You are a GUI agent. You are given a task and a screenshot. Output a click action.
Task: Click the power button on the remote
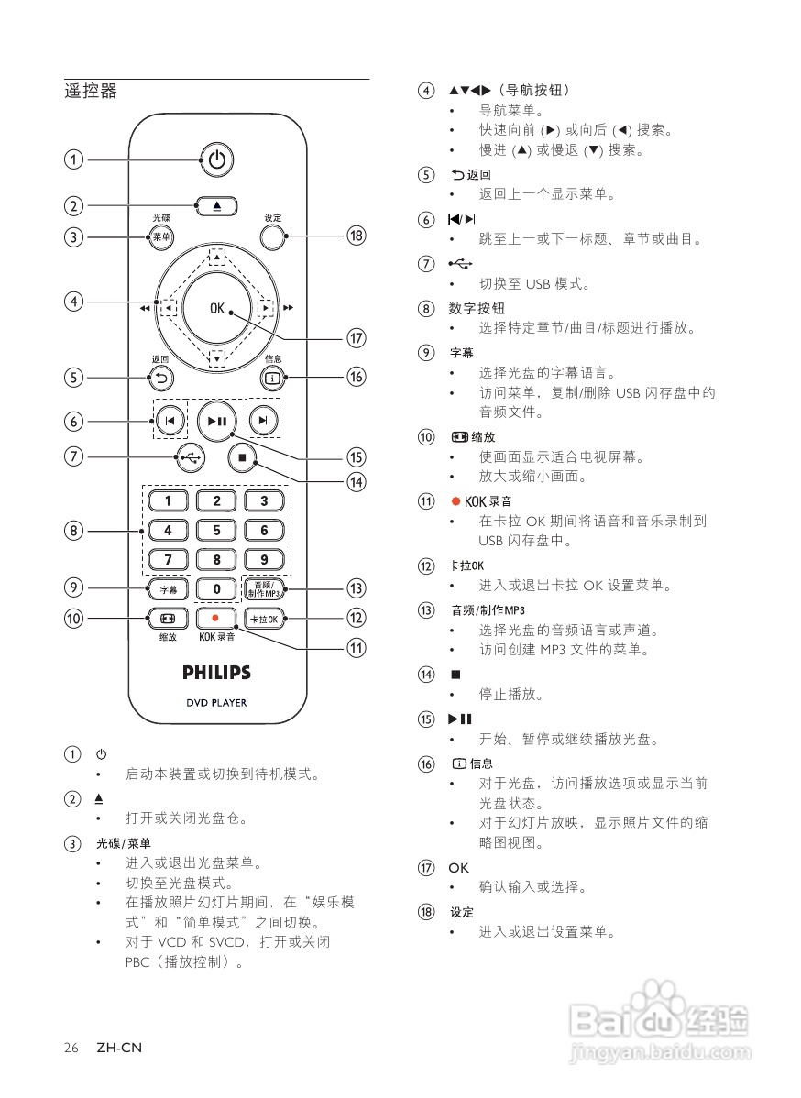pyautogui.click(x=216, y=160)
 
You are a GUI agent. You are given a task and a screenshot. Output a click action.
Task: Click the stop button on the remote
pyautogui.click(x=242, y=456)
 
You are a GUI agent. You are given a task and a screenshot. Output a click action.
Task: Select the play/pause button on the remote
pyautogui.click(x=216, y=421)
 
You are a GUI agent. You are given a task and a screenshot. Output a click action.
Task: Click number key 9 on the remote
pyautogui.click(x=264, y=559)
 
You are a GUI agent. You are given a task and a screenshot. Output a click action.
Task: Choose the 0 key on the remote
pyautogui.click(x=216, y=588)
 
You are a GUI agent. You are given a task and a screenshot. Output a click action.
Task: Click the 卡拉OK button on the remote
pyautogui.click(x=264, y=619)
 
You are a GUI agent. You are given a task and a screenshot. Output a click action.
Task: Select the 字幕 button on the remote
pyautogui.click(x=168, y=588)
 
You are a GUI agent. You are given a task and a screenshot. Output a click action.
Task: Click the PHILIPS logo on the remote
pyautogui.click(x=216, y=673)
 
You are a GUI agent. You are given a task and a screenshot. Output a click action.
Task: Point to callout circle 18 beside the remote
pyautogui.click(x=356, y=236)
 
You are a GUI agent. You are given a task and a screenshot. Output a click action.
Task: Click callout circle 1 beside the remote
pyautogui.click(x=73, y=160)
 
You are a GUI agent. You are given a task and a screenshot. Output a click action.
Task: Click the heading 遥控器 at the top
pyautogui.click(x=91, y=92)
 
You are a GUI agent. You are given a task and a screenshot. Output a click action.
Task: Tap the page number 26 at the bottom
pyautogui.click(x=71, y=1047)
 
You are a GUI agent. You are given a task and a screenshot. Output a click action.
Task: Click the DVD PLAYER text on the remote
pyautogui.click(x=216, y=703)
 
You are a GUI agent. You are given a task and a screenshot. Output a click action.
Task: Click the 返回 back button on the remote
pyautogui.click(x=161, y=376)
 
